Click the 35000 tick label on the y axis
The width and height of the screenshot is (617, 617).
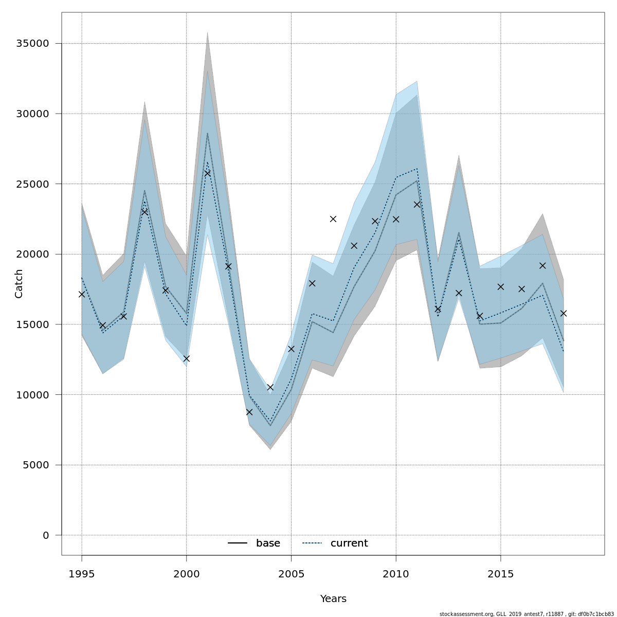point(32,44)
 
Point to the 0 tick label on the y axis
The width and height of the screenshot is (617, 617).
point(46,535)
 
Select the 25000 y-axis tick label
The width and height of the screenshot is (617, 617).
point(32,184)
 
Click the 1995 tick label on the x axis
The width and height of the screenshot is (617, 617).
point(82,574)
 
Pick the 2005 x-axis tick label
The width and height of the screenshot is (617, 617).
point(291,574)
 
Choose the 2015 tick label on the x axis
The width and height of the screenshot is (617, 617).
point(501,574)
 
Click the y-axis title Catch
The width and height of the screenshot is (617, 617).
point(19,283)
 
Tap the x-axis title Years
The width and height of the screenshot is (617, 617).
point(333,599)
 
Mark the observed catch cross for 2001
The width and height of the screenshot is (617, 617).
point(207,173)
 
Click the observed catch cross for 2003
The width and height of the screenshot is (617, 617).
point(249,412)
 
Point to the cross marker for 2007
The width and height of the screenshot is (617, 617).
point(333,219)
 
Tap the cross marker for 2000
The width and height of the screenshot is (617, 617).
point(187,358)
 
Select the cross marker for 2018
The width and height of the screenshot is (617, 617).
point(564,313)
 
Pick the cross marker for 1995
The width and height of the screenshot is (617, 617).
point(82,294)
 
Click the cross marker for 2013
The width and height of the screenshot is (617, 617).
point(459,293)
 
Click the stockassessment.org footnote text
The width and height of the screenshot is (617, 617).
point(527,614)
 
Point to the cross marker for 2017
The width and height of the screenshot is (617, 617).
point(542,265)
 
